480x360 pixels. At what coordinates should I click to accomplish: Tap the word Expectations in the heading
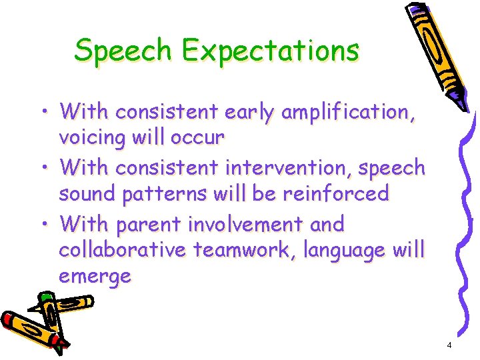point(271,51)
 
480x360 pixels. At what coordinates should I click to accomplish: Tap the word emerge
point(95,276)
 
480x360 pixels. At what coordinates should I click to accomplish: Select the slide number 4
point(449,345)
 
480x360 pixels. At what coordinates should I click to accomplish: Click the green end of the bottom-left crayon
point(46,297)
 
